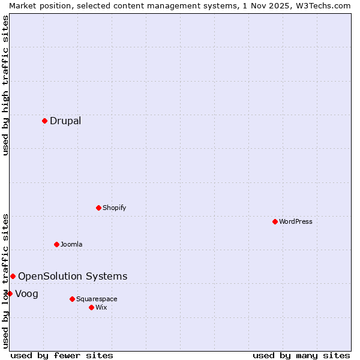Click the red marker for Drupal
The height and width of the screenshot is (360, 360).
tap(44, 121)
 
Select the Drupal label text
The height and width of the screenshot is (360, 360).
tap(65, 121)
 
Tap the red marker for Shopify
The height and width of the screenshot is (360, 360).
tap(98, 208)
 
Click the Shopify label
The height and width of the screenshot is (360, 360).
tap(114, 208)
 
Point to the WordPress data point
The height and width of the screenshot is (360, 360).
tap(275, 221)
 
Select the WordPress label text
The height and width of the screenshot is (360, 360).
tap(295, 221)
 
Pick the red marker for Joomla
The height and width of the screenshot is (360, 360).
tap(56, 244)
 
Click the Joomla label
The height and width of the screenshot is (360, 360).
tap(71, 244)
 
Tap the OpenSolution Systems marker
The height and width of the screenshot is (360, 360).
tap(13, 276)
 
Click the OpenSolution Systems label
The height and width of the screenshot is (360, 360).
tap(73, 276)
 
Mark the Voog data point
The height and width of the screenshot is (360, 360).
tap(10, 293)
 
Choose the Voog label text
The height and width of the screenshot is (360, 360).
tap(26, 293)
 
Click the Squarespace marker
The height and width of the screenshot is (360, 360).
tap(72, 299)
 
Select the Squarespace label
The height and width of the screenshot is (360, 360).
tap(97, 299)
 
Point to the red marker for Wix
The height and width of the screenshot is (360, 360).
tap(91, 307)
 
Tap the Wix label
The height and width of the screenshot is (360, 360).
tap(101, 307)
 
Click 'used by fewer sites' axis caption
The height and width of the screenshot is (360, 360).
tap(62, 355)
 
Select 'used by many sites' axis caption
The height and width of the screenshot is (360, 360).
tap(301, 355)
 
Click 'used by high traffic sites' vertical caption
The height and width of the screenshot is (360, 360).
tap(5, 85)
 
